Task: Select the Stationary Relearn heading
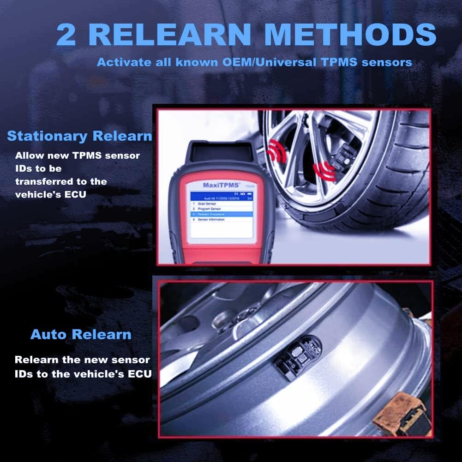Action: (x=79, y=136)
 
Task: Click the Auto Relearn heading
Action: (x=81, y=335)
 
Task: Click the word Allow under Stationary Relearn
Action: (x=29, y=156)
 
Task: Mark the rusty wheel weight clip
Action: (x=398, y=413)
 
